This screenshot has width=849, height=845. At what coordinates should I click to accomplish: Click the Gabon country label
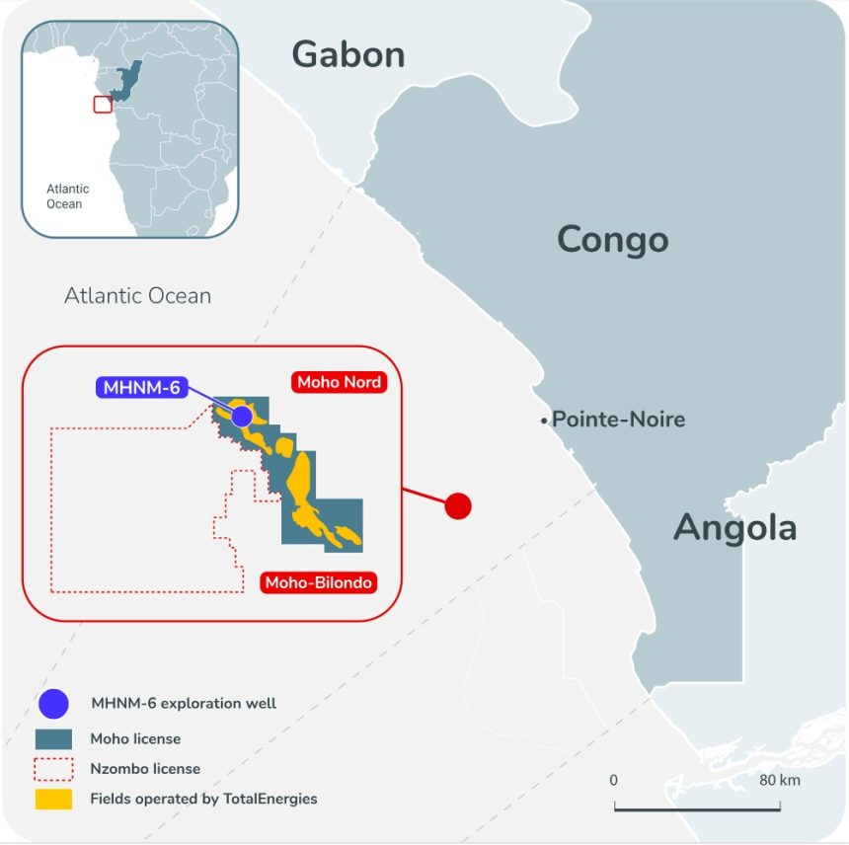click(x=348, y=55)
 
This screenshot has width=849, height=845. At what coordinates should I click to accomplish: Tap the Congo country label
click(x=612, y=239)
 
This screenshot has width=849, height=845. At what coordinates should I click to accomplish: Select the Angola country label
click(x=734, y=528)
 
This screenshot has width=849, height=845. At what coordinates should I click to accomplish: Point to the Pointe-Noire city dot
click(x=543, y=422)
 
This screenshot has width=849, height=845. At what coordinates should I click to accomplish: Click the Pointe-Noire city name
click(x=618, y=420)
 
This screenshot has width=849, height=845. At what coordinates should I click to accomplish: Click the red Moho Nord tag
click(x=338, y=382)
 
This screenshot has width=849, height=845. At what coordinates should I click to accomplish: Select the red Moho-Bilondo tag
click(x=318, y=583)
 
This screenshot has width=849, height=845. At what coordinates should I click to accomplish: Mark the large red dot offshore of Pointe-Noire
click(x=458, y=506)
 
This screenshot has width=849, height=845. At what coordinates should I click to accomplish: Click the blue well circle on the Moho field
click(x=242, y=416)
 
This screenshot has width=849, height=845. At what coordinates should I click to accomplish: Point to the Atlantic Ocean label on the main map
click(x=137, y=295)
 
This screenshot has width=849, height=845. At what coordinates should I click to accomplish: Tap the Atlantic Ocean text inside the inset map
click(x=68, y=195)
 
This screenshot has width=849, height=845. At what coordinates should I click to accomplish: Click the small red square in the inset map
click(x=102, y=104)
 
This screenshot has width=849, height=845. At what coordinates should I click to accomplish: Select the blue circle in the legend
click(x=53, y=704)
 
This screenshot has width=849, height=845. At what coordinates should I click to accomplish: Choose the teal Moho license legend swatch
click(x=53, y=737)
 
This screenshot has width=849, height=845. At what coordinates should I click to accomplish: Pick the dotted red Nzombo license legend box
click(x=53, y=768)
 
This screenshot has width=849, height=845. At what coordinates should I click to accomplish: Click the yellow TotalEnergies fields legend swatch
click(x=53, y=799)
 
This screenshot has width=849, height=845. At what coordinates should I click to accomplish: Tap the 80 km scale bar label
click(x=780, y=780)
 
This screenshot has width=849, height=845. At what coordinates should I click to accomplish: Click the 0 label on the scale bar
click(x=614, y=780)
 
